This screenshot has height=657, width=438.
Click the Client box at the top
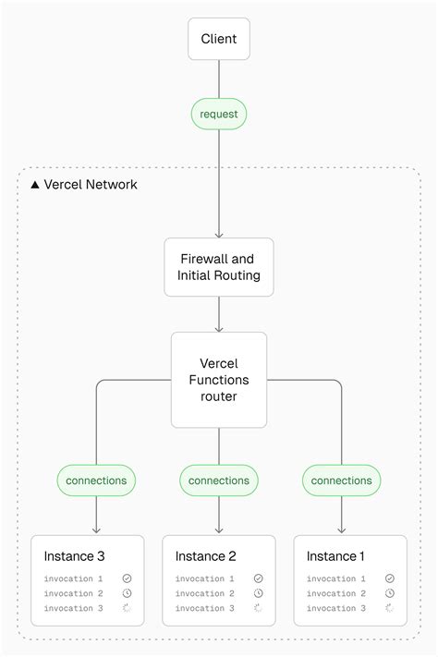pos(219,39)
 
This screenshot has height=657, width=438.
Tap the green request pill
pos(219,114)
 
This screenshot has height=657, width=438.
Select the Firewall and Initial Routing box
pos(219,267)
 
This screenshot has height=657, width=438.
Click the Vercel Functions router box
pos(219,379)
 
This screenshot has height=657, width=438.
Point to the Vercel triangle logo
pos(35,185)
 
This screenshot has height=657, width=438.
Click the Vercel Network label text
pos(91,185)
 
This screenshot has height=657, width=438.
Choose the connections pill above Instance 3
pos(96,481)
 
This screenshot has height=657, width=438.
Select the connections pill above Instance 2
pos(219,481)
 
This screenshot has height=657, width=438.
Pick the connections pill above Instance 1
pos(341,481)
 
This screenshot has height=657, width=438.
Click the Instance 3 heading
pos(74,556)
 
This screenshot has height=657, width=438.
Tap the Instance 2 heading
pos(205,556)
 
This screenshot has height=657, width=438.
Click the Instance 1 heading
pos(336,556)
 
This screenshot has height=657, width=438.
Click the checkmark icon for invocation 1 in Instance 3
pos(127,578)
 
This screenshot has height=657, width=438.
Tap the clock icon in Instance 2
pos(258,593)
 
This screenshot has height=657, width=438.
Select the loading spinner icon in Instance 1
pos(389,608)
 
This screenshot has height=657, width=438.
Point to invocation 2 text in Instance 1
pos(336,593)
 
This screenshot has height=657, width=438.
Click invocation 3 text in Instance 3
pos(74,608)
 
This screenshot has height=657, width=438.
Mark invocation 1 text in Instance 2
pos(205,578)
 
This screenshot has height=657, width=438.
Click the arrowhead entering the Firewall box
pos(219,235)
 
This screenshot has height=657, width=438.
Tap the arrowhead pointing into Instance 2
pos(219,530)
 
